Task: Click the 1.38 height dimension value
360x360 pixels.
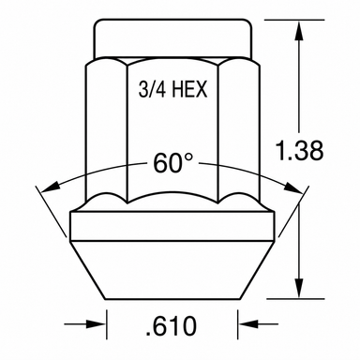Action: click(x=300, y=151)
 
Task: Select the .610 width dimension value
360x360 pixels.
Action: click(x=172, y=326)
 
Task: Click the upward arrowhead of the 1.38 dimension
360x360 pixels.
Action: click(x=299, y=31)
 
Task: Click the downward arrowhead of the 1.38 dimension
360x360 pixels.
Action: click(x=299, y=288)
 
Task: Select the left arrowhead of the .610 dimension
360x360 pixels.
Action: click(x=96, y=324)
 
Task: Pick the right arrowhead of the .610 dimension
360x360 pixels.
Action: click(x=248, y=324)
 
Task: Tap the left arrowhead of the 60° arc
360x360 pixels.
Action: click(x=51, y=186)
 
